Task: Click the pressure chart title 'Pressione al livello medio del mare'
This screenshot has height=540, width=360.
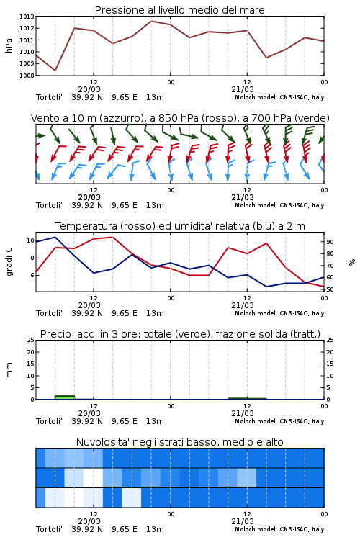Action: click(x=179, y=10)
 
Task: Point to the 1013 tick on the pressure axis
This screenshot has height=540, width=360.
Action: click(x=27, y=17)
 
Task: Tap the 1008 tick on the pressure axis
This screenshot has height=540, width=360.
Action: click(x=27, y=76)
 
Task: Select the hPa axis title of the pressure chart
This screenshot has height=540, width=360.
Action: click(x=9, y=45)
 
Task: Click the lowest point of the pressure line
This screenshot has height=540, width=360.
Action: click(x=55, y=71)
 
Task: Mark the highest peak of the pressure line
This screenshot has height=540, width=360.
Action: click(x=151, y=21)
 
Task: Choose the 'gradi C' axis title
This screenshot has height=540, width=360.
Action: click(x=9, y=261)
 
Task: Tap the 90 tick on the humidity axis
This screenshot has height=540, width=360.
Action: click(x=330, y=242)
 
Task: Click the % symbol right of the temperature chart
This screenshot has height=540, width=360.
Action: click(x=352, y=262)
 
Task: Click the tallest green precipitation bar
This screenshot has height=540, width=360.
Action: click(x=65, y=397)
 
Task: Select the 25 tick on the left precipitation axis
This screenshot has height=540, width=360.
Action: click(x=31, y=340)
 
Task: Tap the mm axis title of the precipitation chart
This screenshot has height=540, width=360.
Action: click(x=9, y=370)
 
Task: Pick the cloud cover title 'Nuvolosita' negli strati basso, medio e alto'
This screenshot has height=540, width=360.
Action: click(x=179, y=442)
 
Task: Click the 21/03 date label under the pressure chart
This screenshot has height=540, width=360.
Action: click(x=243, y=89)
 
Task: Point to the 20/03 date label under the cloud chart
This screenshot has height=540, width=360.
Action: click(x=89, y=521)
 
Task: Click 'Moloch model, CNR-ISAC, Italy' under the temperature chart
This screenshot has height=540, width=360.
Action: click(x=279, y=313)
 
